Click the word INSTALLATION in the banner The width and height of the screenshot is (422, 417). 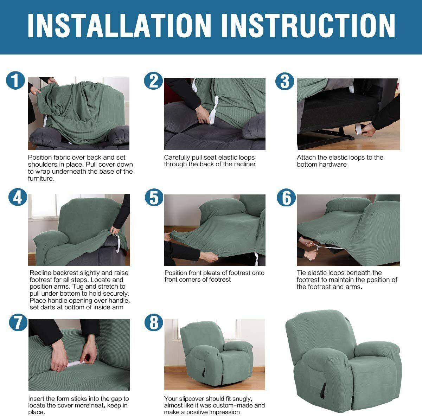119,25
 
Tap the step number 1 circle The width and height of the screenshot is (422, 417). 15,81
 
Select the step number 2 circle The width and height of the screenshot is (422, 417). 153,81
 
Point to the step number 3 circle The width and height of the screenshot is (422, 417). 284,81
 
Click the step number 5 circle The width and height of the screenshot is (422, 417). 154,197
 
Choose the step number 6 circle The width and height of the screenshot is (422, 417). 286,197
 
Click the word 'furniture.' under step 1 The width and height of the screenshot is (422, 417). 41,179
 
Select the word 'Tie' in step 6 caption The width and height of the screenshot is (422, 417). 301,273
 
